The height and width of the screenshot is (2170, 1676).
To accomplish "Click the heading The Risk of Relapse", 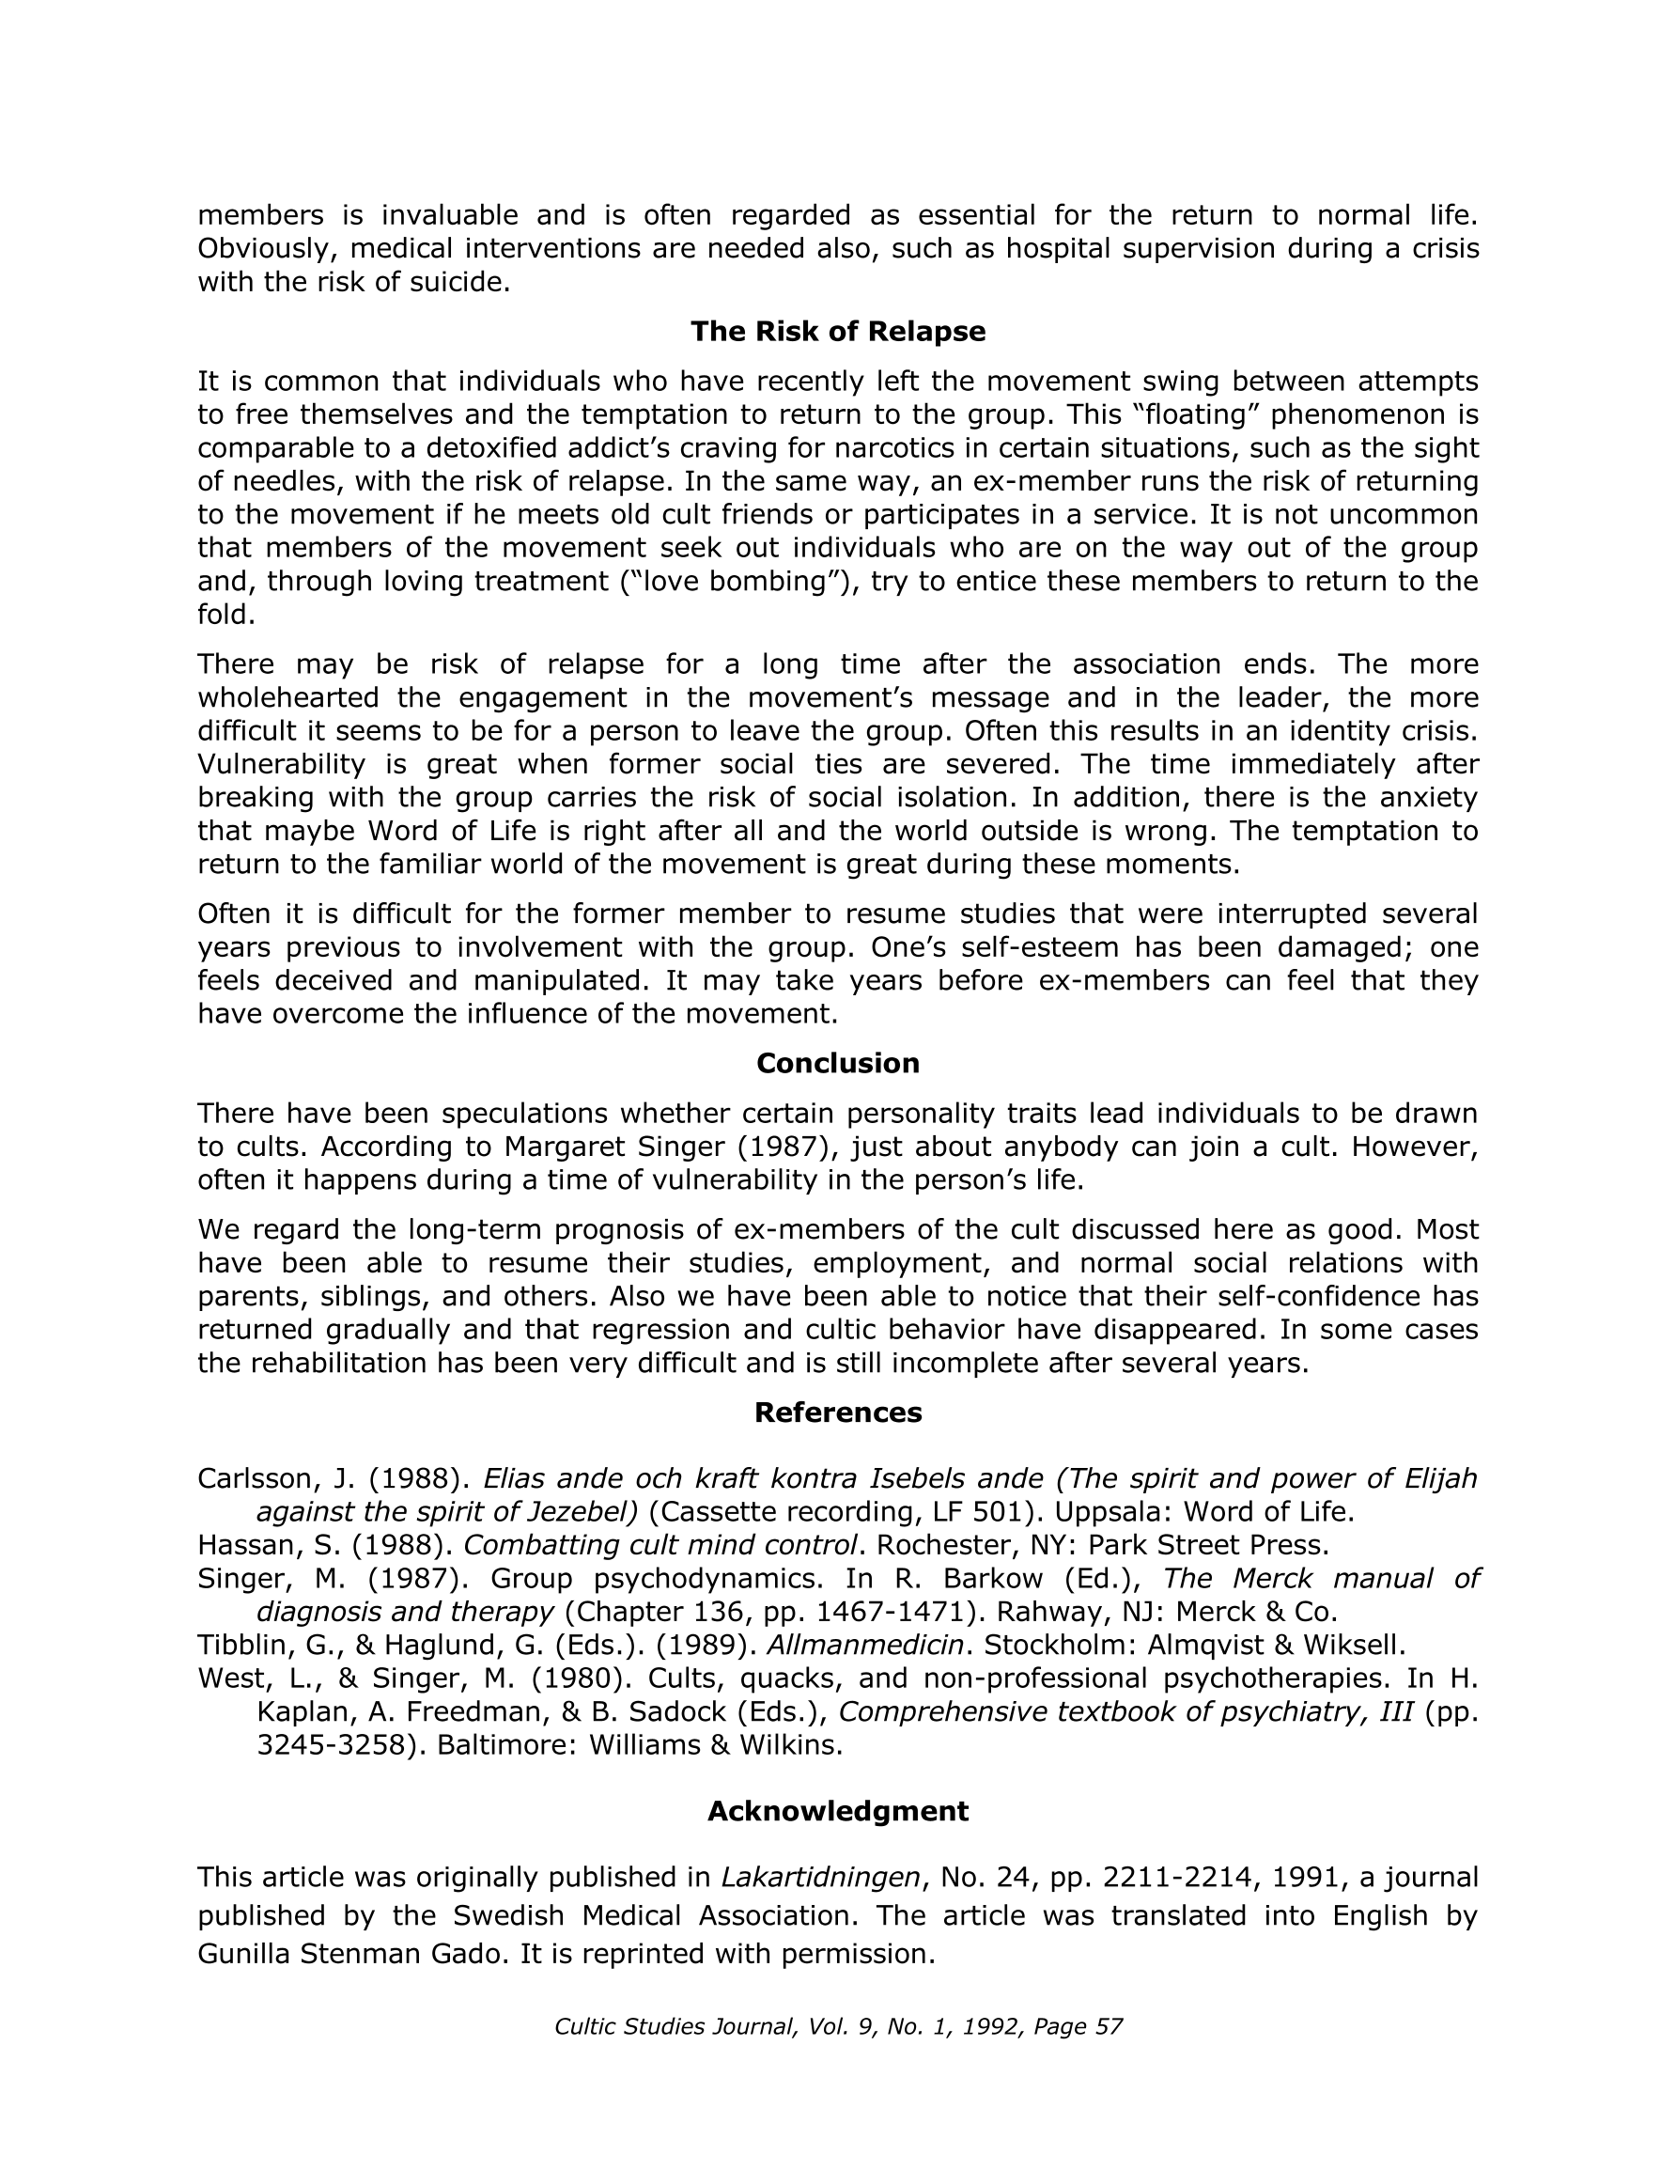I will click(837, 331).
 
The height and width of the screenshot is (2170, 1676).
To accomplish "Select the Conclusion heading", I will click(837, 1063).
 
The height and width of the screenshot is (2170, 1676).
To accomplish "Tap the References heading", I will click(837, 1412).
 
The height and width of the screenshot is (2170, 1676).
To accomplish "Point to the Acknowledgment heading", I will click(837, 1810).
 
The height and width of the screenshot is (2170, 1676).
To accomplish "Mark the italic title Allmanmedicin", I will click(864, 1645).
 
